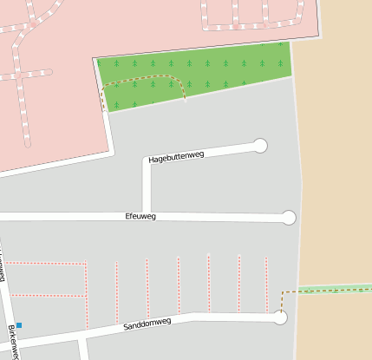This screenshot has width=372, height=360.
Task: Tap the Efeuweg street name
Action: (x=140, y=216)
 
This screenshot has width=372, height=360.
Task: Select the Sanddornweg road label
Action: (x=147, y=324)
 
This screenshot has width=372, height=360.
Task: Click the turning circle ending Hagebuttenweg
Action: (x=260, y=145)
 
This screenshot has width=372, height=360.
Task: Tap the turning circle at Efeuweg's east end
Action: (x=289, y=218)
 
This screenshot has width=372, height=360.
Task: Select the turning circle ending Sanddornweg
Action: (x=279, y=318)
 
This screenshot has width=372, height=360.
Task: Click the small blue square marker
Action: (x=19, y=325)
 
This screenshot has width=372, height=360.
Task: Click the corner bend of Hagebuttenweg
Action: (x=147, y=162)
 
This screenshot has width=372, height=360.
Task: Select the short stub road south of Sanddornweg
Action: (x=83, y=349)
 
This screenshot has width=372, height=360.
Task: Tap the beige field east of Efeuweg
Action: (x=338, y=173)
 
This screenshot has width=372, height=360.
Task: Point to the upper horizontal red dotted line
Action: (x=48, y=263)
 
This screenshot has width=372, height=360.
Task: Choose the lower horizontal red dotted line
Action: (x=48, y=295)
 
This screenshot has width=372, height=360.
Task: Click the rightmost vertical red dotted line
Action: (x=267, y=282)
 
